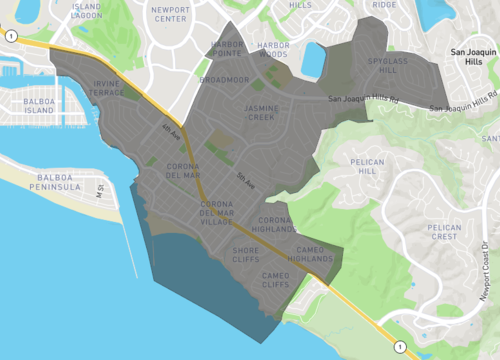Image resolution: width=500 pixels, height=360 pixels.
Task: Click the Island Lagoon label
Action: coord(87,10)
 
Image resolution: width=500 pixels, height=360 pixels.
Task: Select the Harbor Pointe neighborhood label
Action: coord(227,50)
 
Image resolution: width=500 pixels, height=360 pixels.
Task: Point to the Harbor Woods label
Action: coord(272,50)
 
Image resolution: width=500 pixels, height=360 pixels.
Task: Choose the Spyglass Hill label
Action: coord(387,66)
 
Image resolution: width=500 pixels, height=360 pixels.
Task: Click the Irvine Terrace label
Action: coord(108,87)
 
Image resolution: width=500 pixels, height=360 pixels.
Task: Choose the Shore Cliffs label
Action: coord(246,256)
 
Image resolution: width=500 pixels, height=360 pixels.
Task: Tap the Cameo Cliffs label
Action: coord(275,279)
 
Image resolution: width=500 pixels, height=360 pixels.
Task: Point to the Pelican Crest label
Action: coord(444,232)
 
